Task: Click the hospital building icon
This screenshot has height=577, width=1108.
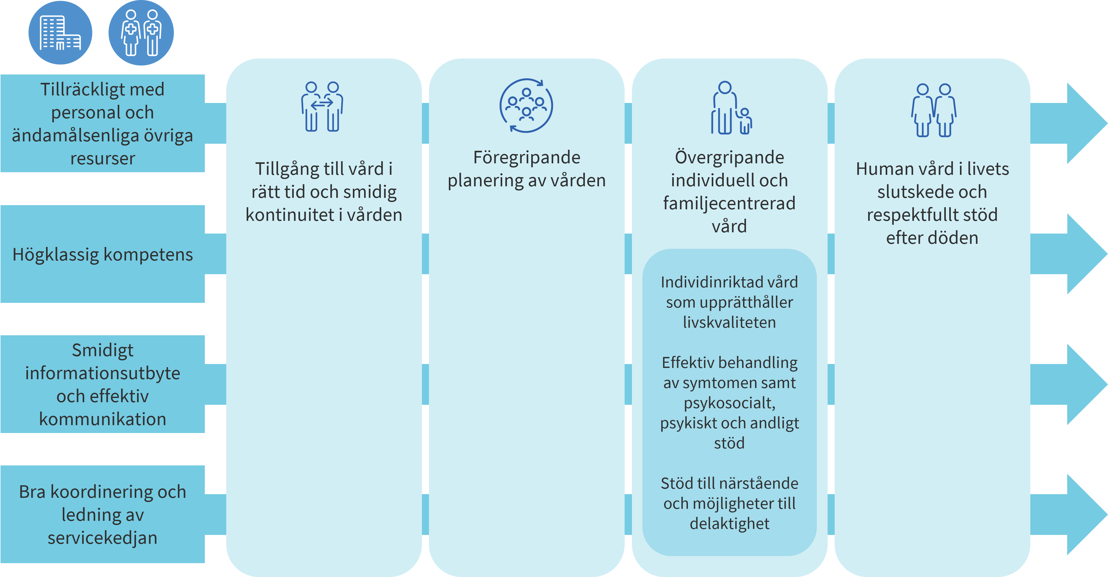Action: pos(60,33)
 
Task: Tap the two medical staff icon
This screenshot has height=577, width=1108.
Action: pos(141,33)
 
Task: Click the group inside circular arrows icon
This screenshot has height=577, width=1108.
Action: pos(526,106)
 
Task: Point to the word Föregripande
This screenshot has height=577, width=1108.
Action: pos(527,157)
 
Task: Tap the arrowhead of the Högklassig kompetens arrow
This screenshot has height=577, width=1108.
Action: pos(1086,254)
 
